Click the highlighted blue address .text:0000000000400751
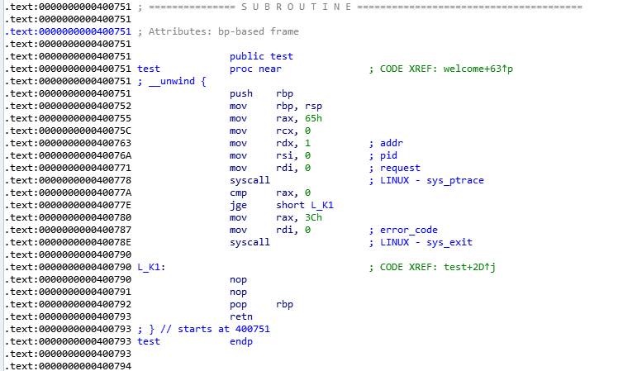tap(68, 31)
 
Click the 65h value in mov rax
tap(313, 118)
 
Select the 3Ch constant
tap(313, 217)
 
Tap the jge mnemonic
tap(238, 206)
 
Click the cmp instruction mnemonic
tap(238, 193)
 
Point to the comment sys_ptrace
tap(455, 180)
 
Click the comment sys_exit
tap(449, 242)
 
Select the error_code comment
tap(409, 231)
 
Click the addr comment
tap(392, 143)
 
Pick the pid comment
tap(388, 155)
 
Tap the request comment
tap(400, 168)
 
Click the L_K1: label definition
tap(151, 268)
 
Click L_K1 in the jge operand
tap(321, 205)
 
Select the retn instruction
tap(241, 316)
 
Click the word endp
tap(241, 341)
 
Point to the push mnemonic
tap(241, 93)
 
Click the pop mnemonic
tap(238, 305)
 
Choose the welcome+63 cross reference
tap(472, 69)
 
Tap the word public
tap(247, 56)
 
